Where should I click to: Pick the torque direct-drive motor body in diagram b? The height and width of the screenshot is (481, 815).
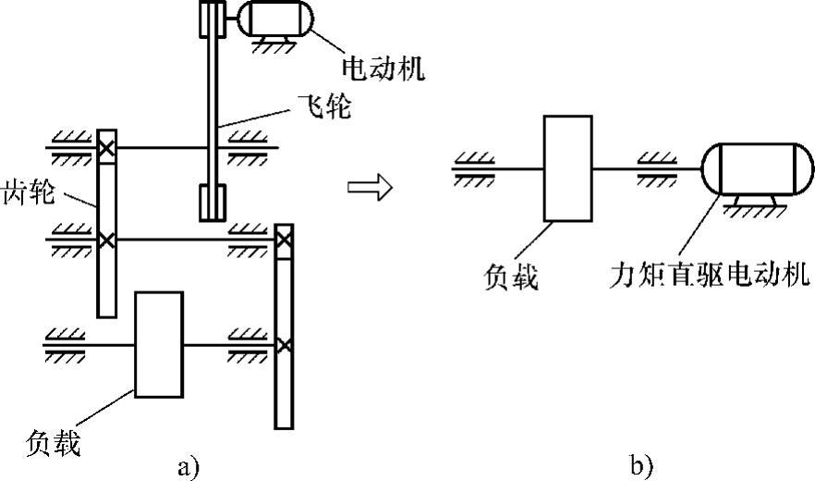point(758,169)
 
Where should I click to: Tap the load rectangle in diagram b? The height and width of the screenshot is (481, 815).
point(567,169)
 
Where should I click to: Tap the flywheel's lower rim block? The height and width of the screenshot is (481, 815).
point(213,203)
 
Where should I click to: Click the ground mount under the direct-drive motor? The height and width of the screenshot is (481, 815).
point(749,206)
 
